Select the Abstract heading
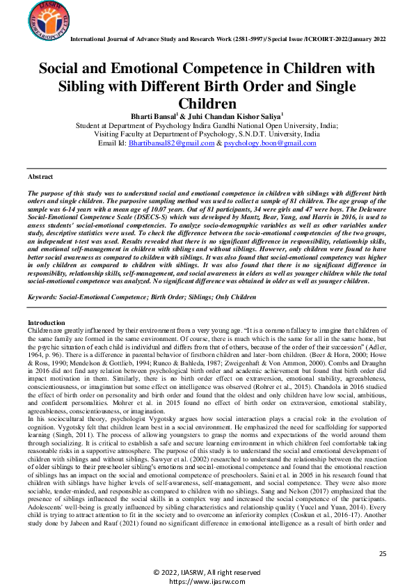(40, 177)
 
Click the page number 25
(382, 553)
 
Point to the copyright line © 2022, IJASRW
(207, 571)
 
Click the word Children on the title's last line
(207, 104)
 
